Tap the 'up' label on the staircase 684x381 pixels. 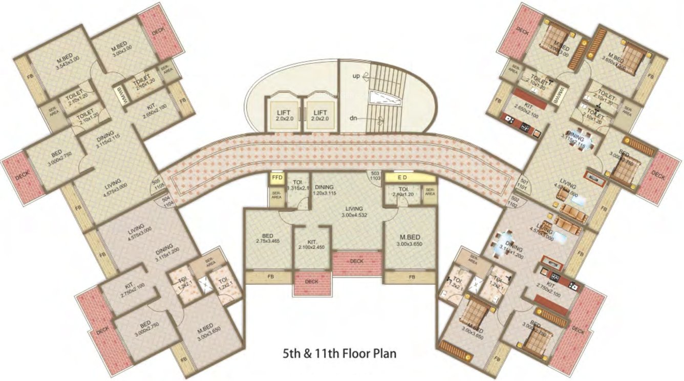pyautogui.click(x=356, y=76)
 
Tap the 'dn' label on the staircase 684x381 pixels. pyautogui.click(x=353, y=118)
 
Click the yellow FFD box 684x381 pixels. pyautogui.click(x=277, y=178)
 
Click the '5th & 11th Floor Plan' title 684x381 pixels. pyautogui.click(x=339, y=353)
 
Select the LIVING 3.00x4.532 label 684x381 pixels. pyautogui.click(x=354, y=211)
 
